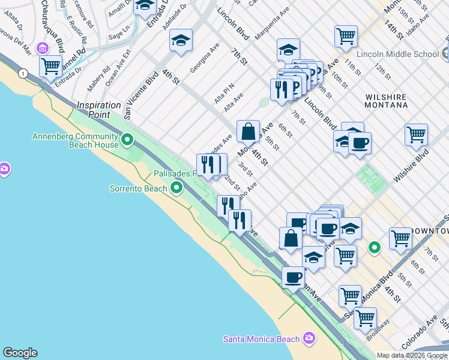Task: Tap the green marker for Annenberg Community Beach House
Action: click(127, 140)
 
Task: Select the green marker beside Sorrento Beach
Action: click(176, 188)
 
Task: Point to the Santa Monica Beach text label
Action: click(261, 339)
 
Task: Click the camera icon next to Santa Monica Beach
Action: click(309, 338)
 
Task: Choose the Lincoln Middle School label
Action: click(397, 54)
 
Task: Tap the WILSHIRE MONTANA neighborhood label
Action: click(386, 101)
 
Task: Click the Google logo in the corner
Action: click(20, 353)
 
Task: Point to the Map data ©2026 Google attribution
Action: click(412, 355)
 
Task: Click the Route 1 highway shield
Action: click(23, 73)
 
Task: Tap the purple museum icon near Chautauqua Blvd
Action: click(43, 48)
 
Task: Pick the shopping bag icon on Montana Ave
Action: click(248, 131)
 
